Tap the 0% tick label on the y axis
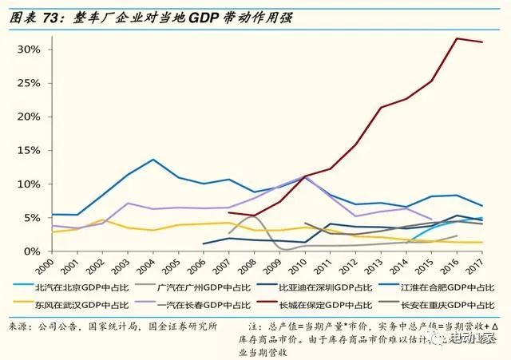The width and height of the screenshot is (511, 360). pyautogui.click(x=33, y=251)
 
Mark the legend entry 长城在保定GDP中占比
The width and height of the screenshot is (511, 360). pyautogui.click(x=323, y=305)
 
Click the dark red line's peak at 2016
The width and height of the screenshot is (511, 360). pyautogui.click(x=457, y=38)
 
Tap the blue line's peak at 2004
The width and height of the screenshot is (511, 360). pyautogui.click(x=154, y=160)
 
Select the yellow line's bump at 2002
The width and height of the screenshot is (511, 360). pyautogui.click(x=101, y=220)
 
